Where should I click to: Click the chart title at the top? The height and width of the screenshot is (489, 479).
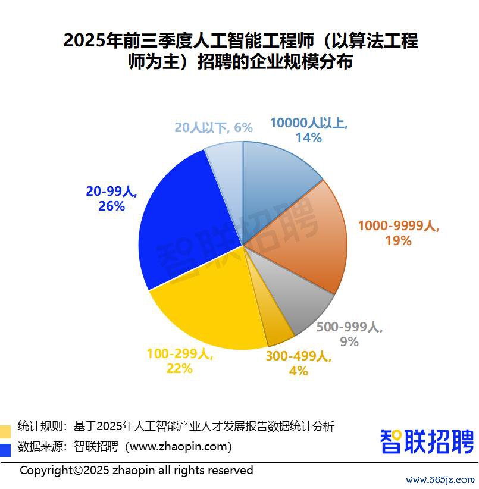click(240, 51)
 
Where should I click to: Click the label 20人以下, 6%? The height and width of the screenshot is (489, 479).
click(214, 127)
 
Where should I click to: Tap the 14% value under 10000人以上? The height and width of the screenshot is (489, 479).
click(308, 138)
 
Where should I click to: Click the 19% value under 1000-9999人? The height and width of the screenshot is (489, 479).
click(398, 240)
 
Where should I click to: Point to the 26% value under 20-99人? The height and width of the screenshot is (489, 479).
click(112, 206)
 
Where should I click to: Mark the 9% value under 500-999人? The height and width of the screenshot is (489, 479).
click(349, 341)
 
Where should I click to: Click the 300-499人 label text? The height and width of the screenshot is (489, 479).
click(298, 356)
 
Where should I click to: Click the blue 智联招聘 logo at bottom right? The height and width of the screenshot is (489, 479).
click(427, 441)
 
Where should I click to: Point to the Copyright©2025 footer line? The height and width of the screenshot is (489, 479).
click(136, 471)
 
